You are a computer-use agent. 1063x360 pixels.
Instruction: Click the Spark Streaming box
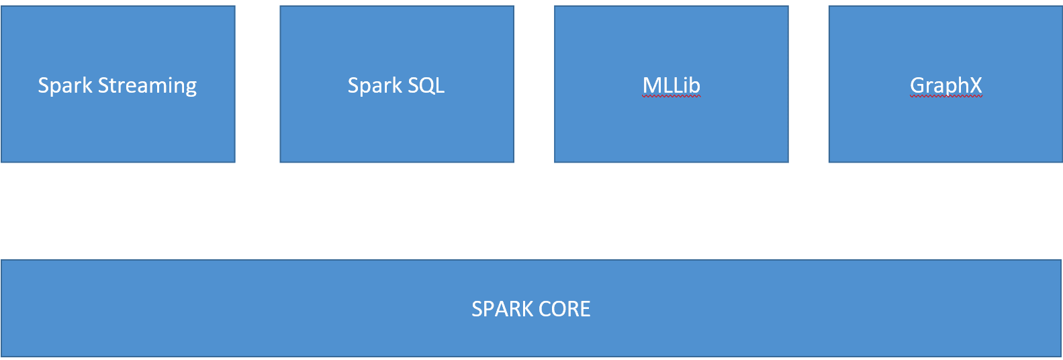(118, 84)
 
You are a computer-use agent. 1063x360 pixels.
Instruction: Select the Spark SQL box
(397, 84)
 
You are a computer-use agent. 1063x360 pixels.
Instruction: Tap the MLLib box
(672, 84)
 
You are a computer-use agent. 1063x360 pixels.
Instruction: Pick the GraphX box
(945, 84)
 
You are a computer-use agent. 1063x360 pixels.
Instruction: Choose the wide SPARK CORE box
(531, 308)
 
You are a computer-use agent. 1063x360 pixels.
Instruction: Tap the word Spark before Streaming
(65, 86)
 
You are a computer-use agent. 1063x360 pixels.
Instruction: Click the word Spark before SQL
(375, 86)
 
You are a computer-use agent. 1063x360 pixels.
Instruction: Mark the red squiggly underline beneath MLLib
(672, 97)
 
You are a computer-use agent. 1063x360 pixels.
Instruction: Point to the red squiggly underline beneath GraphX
(945, 97)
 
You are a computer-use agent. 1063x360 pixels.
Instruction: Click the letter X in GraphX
(975, 85)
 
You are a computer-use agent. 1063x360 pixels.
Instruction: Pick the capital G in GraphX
(917, 85)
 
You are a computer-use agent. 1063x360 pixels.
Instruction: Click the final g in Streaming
(191, 89)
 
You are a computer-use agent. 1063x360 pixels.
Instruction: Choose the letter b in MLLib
(695, 85)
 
